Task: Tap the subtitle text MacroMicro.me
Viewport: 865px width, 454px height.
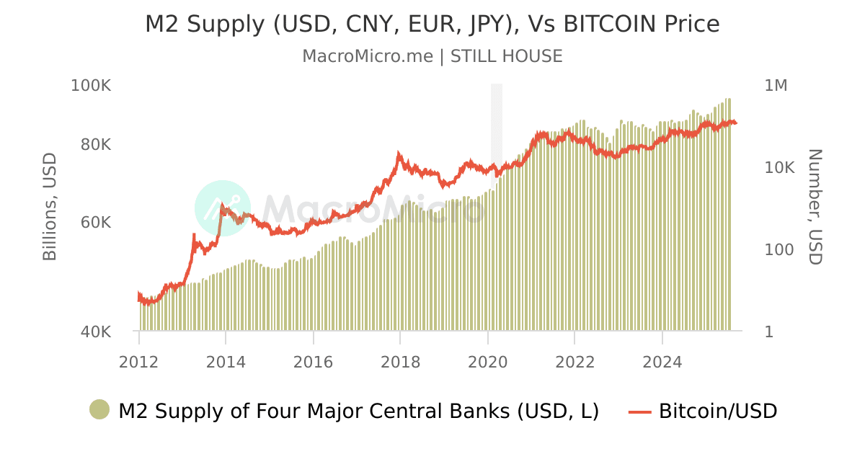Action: point(368,56)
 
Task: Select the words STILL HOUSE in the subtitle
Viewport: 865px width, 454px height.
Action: point(506,56)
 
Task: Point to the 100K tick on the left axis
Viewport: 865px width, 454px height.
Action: point(90,86)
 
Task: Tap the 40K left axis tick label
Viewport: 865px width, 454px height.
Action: point(93,332)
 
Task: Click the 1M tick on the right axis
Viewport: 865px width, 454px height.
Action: point(776,86)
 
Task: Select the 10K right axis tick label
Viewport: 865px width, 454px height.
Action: point(778,168)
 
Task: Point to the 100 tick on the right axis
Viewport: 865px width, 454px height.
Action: point(778,250)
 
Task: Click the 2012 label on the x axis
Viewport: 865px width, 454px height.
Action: point(138,362)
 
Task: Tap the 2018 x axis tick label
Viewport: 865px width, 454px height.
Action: point(400,362)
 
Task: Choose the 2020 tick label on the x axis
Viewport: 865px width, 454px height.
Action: point(488,362)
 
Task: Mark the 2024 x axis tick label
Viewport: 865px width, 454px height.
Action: point(662,362)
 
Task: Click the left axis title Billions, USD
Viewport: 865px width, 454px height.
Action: point(50,207)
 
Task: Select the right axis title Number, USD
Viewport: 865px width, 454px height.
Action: point(815,207)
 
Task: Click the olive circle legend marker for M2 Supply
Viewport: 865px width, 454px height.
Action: point(99,410)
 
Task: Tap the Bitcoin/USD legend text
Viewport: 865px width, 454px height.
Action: point(718,411)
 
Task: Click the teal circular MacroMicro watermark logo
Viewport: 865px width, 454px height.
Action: point(223,208)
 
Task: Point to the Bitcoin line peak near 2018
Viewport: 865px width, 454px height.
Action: point(399,153)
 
